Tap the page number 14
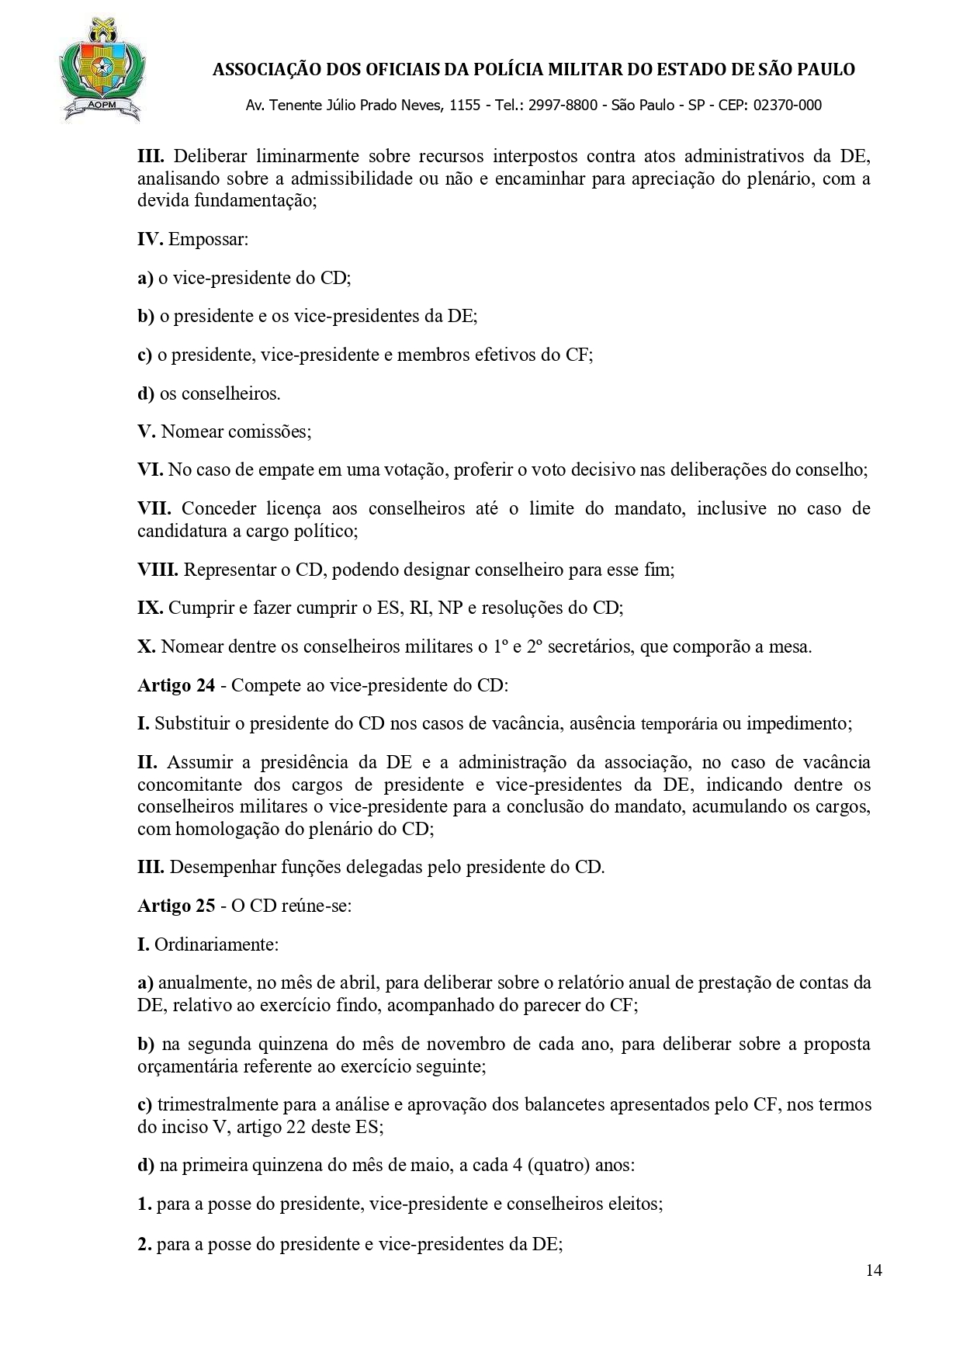(874, 1270)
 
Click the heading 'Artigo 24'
(176, 685)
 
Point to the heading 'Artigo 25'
(176, 906)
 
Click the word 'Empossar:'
(208, 239)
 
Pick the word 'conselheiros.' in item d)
(220, 393)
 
